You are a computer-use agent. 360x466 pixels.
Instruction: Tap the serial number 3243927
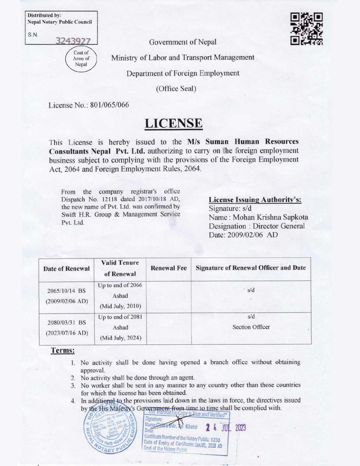click(73, 41)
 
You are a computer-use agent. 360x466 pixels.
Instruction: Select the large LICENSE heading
click(173, 123)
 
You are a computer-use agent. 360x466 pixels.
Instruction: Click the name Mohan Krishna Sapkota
click(270, 217)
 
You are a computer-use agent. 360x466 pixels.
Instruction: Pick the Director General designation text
click(278, 226)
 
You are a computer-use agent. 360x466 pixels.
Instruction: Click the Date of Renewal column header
click(66, 269)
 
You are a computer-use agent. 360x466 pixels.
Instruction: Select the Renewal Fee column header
click(169, 268)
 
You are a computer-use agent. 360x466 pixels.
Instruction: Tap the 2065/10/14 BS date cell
click(66, 291)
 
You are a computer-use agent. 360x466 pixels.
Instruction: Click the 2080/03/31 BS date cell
click(66, 322)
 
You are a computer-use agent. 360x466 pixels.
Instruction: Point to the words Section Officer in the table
click(251, 327)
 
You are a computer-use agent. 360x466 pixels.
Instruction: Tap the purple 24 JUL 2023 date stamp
click(226, 428)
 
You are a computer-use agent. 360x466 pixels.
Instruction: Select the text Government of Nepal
click(183, 42)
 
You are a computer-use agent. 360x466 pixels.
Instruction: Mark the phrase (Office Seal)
click(176, 89)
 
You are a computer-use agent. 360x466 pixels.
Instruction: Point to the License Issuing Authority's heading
click(255, 200)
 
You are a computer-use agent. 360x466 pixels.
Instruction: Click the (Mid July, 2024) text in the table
click(121, 338)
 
